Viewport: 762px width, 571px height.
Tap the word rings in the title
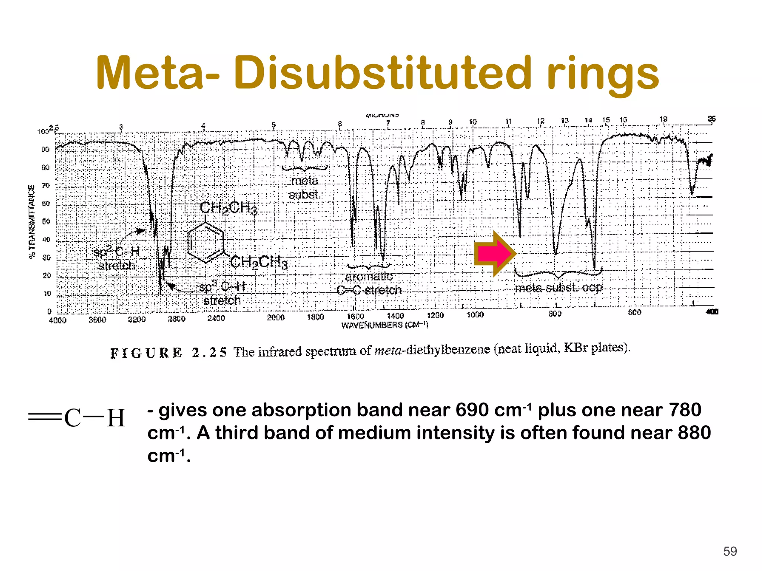(x=602, y=74)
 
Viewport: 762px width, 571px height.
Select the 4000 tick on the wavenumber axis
(x=57, y=320)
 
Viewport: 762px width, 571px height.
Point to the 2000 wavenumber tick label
(x=276, y=317)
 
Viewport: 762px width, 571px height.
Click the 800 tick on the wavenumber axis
(x=554, y=314)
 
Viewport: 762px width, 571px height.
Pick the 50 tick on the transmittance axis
(x=46, y=222)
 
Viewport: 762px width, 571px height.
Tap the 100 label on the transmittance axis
(x=43, y=132)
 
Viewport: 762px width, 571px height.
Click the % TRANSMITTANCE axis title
(x=32, y=222)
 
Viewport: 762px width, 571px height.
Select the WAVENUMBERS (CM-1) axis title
(x=385, y=325)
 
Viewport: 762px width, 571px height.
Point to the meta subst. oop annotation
(x=558, y=287)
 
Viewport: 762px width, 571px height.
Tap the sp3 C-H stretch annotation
(x=222, y=293)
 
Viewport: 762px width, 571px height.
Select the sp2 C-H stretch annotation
(x=116, y=259)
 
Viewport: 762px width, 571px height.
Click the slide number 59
(x=730, y=551)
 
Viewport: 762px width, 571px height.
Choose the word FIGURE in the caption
(x=146, y=353)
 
